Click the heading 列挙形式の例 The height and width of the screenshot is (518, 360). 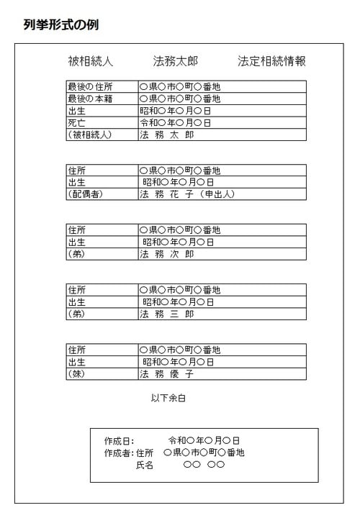pyautogui.click(x=60, y=25)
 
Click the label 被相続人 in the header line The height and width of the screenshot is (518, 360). pyautogui.click(x=90, y=61)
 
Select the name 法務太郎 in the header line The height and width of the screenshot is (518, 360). pyautogui.click(x=176, y=61)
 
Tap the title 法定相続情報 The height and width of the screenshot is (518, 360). pyautogui.click(x=271, y=61)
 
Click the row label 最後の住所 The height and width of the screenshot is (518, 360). pyautogui.click(x=90, y=86)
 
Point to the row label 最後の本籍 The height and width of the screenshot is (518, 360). pyautogui.click(x=90, y=99)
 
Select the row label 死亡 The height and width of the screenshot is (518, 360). pyautogui.click(x=77, y=123)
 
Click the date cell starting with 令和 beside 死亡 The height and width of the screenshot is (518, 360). pyautogui.click(x=176, y=123)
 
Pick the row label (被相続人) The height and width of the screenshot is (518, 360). pyautogui.click(x=90, y=135)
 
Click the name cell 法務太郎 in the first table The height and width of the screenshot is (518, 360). pyautogui.click(x=167, y=135)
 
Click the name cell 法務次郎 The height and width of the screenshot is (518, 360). pyautogui.click(x=167, y=254)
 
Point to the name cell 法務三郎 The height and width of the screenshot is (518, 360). pyautogui.click(x=167, y=314)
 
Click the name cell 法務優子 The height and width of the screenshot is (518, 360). pyautogui.click(x=167, y=374)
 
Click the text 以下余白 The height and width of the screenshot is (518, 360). pyautogui.click(x=168, y=398)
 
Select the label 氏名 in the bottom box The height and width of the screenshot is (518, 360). pyautogui.click(x=145, y=465)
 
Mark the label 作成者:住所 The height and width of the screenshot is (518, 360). pyautogui.click(x=129, y=453)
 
